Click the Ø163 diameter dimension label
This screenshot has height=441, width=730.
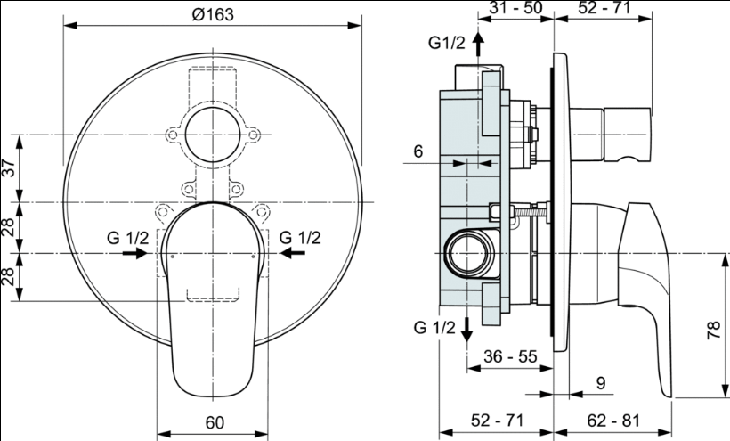pyautogui.click(x=212, y=14)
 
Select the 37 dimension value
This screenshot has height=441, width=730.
pyautogui.click(x=9, y=167)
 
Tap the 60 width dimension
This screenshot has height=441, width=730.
pyautogui.click(x=215, y=422)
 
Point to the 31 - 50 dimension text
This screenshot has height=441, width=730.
pyautogui.click(x=515, y=7)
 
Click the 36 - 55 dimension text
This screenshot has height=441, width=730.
pyautogui.click(x=510, y=356)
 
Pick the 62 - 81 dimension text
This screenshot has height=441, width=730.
pyautogui.click(x=613, y=421)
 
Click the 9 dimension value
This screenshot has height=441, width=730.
pyautogui.click(x=601, y=383)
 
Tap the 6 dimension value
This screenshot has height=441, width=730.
pyautogui.click(x=418, y=151)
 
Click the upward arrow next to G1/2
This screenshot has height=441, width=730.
pyautogui.click(x=478, y=44)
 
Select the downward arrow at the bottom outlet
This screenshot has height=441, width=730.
pyautogui.click(x=466, y=330)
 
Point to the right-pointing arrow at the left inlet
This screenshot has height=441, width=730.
pyautogui.click(x=134, y=253)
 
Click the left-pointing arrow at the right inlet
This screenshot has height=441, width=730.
pyautogui.click(x=292, y=253)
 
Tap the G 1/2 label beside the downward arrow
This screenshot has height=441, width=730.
pyautogui.click(x=434, y=327)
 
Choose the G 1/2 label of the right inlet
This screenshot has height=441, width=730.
pyautogui.click(x=300, y=238)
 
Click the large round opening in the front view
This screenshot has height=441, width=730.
pyautogui.click(x=213, y=135)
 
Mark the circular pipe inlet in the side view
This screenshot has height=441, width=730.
pyautogui.click(x=469, y=254)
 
